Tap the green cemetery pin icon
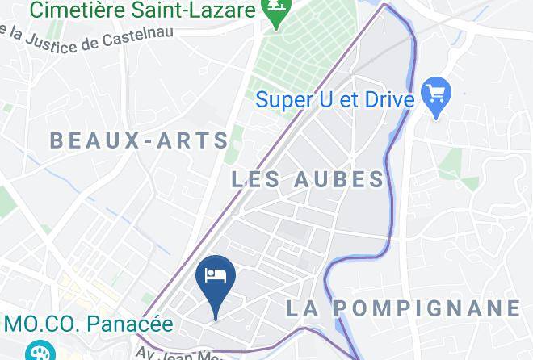[x=277, y=13]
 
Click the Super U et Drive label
[x=335, y=100]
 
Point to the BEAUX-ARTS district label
[x=140, y=140]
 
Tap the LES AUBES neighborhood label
[x=308, y=179]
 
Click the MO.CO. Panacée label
[x=88, y=324]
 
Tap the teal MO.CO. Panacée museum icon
[x=36, y=350]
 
